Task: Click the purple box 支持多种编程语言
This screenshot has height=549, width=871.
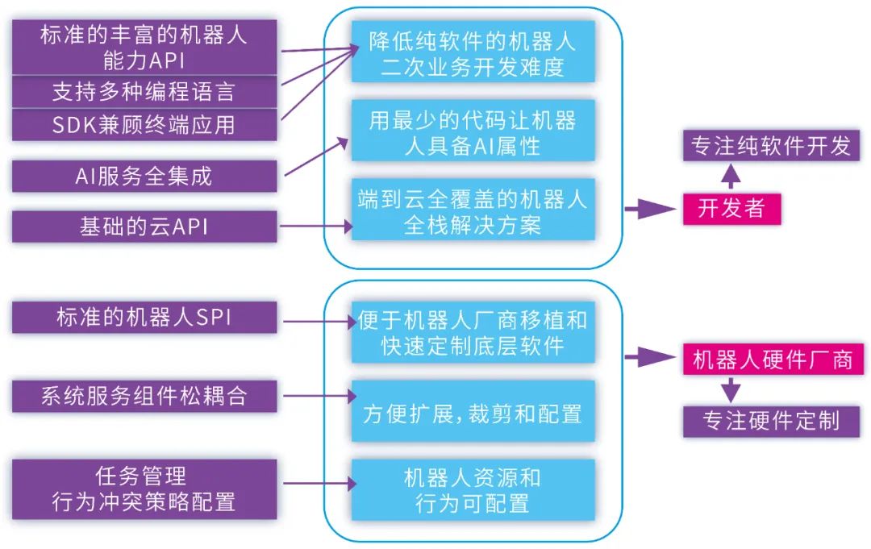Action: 144,91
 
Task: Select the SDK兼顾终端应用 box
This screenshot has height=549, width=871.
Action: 144,125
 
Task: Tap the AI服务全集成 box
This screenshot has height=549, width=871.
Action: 144,176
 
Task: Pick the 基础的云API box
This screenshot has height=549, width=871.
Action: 144,227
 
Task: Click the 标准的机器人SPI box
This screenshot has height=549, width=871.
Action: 144,317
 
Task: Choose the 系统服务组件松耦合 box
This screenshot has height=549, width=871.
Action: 144,396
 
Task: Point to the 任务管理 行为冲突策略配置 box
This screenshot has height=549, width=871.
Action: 144,489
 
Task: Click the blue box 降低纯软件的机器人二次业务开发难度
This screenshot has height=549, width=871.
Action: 473,52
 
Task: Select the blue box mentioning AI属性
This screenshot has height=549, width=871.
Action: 473,133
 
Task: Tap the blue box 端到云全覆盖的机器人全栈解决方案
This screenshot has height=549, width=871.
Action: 473,211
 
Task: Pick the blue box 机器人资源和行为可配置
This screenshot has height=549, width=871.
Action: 473,490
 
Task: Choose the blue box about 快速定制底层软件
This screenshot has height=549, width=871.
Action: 473,333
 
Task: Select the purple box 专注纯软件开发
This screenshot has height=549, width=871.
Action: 772,145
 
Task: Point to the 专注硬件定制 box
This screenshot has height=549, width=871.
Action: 772,421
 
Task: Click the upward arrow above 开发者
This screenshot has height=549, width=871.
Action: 730,176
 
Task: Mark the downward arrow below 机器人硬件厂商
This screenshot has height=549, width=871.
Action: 730,390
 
